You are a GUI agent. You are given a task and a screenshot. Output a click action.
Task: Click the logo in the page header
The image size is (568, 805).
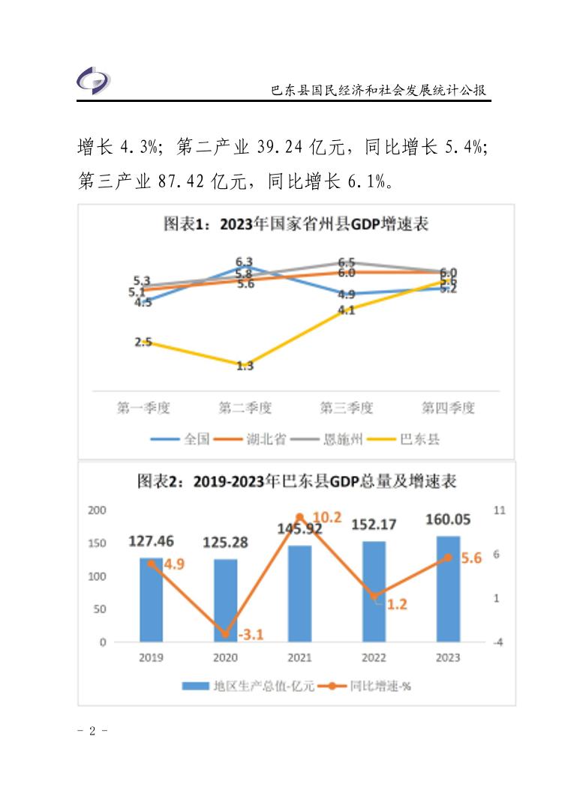pos(94,79)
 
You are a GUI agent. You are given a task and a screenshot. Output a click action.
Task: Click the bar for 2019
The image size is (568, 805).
pos(151,600)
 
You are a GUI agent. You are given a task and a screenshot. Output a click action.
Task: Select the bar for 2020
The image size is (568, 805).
pos(225,600)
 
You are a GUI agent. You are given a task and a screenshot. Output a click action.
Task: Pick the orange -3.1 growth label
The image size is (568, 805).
pos(251,635)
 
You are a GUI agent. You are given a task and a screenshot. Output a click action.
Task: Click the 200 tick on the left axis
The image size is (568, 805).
pos(98,510)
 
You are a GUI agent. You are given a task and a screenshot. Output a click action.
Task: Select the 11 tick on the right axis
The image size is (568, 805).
pos(499,510)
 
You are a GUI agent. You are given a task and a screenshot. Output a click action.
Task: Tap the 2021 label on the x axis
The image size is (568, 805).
pos(299,657)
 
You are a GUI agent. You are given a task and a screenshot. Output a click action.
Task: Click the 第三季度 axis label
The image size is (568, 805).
pos(346,408)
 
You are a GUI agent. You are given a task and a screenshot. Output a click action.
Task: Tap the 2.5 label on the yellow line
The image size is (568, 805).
pos(143,343)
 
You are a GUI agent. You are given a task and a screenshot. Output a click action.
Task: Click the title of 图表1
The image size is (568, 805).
pos(296,224)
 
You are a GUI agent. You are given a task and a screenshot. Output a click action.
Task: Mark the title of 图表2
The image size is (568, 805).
pos(296,481)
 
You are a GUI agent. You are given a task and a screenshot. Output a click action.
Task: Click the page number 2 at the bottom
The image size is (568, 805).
pos(93,731)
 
